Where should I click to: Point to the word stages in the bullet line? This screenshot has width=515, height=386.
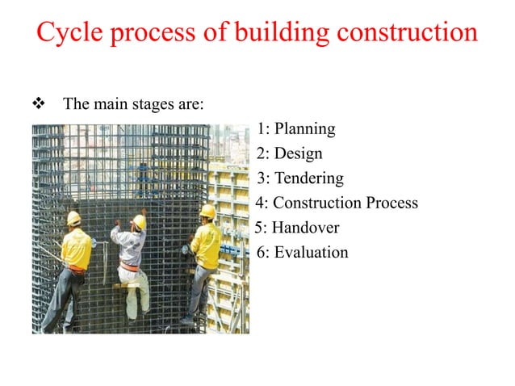[x=161, y=105]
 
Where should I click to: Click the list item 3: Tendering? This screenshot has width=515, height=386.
[x=299, y=178]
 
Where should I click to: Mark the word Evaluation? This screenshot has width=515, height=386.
[x=311, y=253]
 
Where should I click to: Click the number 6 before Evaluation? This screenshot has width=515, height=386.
[x=260, y=253]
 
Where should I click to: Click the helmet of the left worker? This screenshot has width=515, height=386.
[x=73, y=217]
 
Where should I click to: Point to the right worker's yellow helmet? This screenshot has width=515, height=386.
[x=207, y=211]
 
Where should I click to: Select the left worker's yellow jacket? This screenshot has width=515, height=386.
[x=77, y=249]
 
